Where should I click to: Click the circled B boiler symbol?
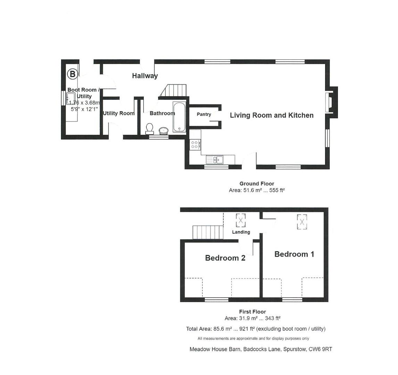72,74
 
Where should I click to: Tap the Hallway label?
145,76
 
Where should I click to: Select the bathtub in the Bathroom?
180,117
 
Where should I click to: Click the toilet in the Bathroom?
149,128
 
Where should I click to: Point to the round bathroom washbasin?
164,131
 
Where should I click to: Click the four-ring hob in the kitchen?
195,145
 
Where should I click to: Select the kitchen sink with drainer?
215,160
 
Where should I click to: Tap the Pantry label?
204,115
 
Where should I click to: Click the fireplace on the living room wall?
332,102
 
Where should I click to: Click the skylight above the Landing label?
241,220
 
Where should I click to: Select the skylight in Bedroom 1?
302,222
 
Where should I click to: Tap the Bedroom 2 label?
225,258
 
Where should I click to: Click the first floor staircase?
208,232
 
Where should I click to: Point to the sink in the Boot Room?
71,99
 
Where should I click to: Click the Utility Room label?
119,113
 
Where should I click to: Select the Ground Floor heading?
257,184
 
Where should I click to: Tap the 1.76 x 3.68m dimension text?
84,103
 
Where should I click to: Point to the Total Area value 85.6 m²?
223,329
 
